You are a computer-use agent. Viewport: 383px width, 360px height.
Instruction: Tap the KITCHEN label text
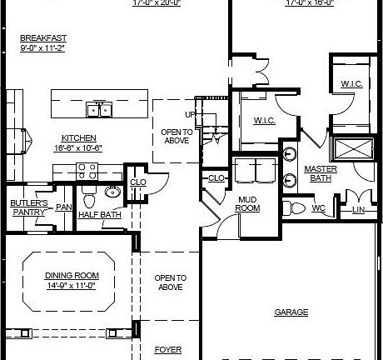(78, 137)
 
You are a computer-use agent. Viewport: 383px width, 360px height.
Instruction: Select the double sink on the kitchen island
(101, 109)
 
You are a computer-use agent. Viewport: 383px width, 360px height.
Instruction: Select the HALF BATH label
(98, 214)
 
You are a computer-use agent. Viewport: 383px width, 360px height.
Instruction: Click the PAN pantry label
(62, 207)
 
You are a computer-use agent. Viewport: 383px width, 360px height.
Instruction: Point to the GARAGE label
(291, 312)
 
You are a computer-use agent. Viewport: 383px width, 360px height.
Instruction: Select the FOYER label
(167, 350)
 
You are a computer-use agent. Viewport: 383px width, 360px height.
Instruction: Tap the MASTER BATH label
(320, 172)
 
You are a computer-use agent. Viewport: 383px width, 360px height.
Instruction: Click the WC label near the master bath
(318, 208)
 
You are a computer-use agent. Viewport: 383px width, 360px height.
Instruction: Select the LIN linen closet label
(359, 209)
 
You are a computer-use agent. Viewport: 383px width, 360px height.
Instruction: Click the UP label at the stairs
(189, 115)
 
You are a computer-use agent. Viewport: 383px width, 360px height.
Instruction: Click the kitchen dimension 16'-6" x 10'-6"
(78, 147)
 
